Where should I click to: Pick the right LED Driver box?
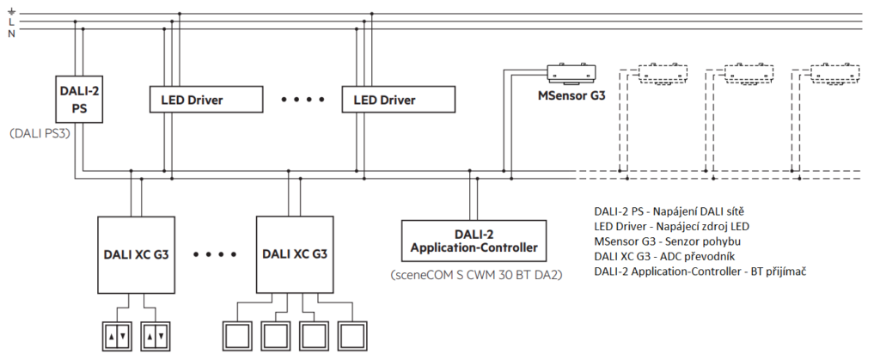[398, 100]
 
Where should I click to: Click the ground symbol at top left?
[10, 9]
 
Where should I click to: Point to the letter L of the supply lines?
[10, 21]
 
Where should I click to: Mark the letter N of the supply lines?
[10, 33]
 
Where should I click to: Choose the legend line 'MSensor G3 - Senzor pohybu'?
[666, 241]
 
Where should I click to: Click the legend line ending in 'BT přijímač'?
[699, 272]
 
